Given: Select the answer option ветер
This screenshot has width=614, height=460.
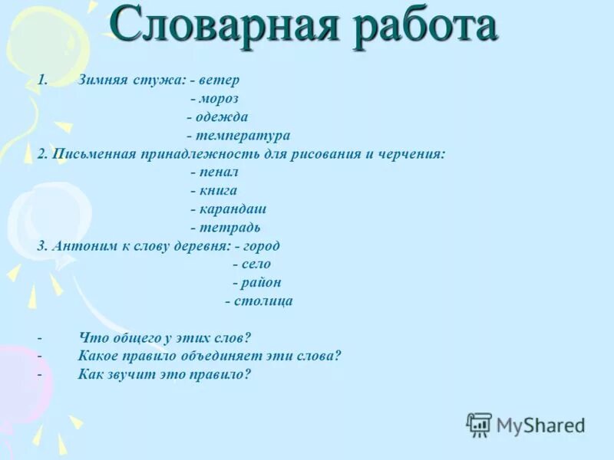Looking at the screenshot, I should (220, 80).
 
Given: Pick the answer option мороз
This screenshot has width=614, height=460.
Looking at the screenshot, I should (219, 99).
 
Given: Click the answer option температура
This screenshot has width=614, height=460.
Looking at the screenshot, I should (243, 136).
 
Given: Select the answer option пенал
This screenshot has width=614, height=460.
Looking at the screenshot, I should (219, 172).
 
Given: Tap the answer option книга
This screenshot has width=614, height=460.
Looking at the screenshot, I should (218, 191).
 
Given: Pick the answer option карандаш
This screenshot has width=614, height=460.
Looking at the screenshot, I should (233, 209).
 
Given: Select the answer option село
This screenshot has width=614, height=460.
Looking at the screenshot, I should (256, 264).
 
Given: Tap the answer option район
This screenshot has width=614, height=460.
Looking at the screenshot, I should (260, 283).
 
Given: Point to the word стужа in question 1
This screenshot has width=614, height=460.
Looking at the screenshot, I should (161, 80).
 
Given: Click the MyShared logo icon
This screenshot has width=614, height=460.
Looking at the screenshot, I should (479, 424).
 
